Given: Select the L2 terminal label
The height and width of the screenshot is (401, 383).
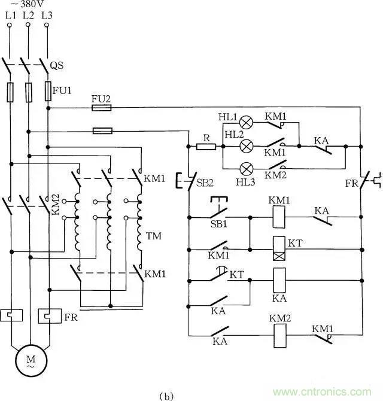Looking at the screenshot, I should (28, 16).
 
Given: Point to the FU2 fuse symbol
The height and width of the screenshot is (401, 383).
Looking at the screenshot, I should (101, 108).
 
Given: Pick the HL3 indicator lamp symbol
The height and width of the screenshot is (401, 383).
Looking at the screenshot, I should (245, 167).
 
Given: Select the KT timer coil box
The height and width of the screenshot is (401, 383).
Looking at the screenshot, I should (278, 248).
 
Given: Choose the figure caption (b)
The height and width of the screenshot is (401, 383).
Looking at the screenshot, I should (167, 394).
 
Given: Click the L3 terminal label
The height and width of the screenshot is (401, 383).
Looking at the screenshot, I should (47, 16).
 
